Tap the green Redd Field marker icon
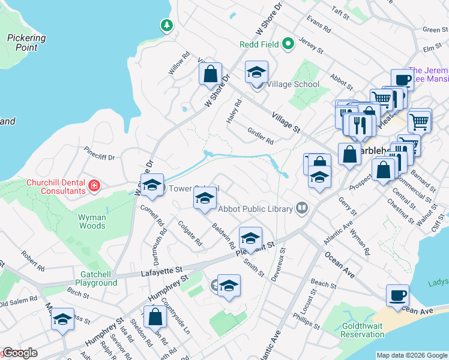(x=288, y=43)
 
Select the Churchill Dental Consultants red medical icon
(x=93, y=185)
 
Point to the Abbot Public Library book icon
(x=302, y=209)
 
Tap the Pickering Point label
(x=26, y=42)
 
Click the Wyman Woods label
(x=92, y=221)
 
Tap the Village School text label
(x=293, y=84)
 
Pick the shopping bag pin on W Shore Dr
(x=211, y=75)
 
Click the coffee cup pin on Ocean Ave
(x=397, y=296)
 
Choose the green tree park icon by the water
(x=166, y=25)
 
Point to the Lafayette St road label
(x=161, y=271)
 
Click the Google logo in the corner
(x=19, y=353)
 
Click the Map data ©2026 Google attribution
(x=411, y=355)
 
